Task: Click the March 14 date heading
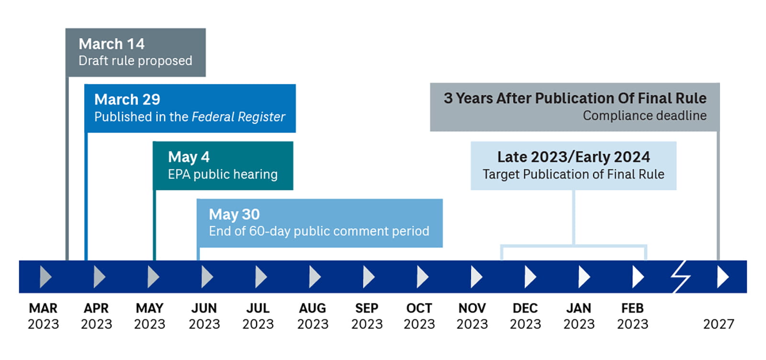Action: tap(112, 44)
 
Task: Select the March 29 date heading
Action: tap(127, 100)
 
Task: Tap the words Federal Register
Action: tap(238, 117)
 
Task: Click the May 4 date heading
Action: tap(189, 157)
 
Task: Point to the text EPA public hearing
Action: tap(223, 174)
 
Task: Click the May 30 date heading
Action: tap(234, 214)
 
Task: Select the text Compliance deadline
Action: tap(644, 116)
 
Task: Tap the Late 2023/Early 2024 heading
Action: tap(574, 157)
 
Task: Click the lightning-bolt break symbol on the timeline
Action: tap(679, 277)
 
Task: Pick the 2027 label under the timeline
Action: tap(718, 324)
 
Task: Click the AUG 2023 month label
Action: tap(313, 316)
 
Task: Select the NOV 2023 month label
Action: tap(472, 316)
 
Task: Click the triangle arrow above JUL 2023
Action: tap(260, 277)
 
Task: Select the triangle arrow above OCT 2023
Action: tap(422, 277)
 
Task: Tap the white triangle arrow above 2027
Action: tap(722, 277)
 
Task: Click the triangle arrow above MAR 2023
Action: tap(45, 277)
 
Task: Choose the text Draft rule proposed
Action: tap(135, 61)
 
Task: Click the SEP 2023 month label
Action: tap(367, 316)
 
